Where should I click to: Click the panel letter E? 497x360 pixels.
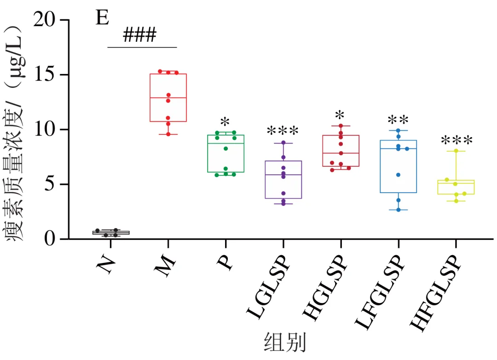tap(102, 18)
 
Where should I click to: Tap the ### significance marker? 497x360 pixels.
tap(139, 34)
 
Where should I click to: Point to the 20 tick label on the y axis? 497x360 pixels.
tap(44, 20)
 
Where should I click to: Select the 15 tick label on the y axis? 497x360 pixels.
tap(44, 74)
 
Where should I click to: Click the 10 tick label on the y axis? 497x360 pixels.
tap(44, 129)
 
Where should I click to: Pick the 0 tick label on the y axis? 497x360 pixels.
tap(50, 239)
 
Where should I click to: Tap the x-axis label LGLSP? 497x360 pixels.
tap(268, 286)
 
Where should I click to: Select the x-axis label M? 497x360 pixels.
tap(165, 265)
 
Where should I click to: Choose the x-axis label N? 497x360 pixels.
tap(106, 264)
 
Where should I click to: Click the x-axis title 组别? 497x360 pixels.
tap(285, 342)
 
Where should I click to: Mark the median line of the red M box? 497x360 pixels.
tap(168, 98)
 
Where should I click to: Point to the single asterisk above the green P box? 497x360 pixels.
tap(225, 122)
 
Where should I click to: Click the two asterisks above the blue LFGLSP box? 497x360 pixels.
tap(398, 120)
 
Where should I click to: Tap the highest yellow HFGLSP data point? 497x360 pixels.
tap(456, 151)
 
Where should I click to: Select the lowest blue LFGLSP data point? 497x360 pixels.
tap(399, 210)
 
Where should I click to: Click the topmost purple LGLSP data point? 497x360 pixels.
tap(283, 143)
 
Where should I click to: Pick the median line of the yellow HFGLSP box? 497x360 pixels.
tap(456, 183)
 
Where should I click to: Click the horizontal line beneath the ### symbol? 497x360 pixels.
tap(142, 47)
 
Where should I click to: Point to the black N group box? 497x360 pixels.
tap(111, 233)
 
